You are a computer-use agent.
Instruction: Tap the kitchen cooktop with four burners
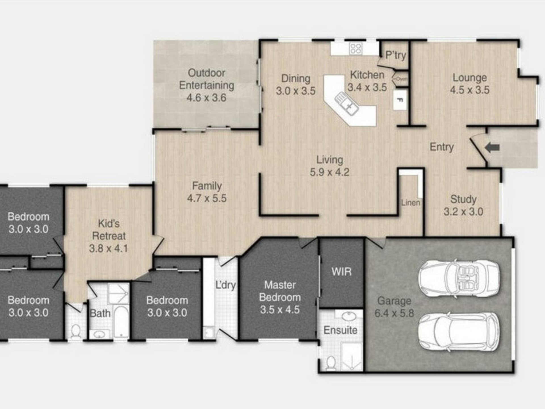tap(355, 49)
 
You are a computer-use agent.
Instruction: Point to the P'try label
tap(396, 55)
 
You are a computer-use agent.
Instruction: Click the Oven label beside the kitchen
tap(401, 79)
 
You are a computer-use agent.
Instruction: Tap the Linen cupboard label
tap(410, 203)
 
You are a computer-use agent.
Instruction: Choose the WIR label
tap(341, 272)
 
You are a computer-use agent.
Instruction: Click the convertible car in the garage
tap(459, 278)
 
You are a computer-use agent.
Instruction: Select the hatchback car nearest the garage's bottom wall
tap(459, 332)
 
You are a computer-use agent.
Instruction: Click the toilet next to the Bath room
tap(76, 332)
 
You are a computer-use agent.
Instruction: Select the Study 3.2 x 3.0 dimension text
tap(463, 212)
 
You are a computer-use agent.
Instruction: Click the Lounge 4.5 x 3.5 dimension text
tap(470, 90)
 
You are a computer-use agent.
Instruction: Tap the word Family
tap(207, 186)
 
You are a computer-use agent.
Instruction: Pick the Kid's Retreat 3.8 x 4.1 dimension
tap(108, 249)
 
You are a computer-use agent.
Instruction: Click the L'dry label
tap(226, 285)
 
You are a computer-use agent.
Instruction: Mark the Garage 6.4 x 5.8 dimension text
tap(394, 313)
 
